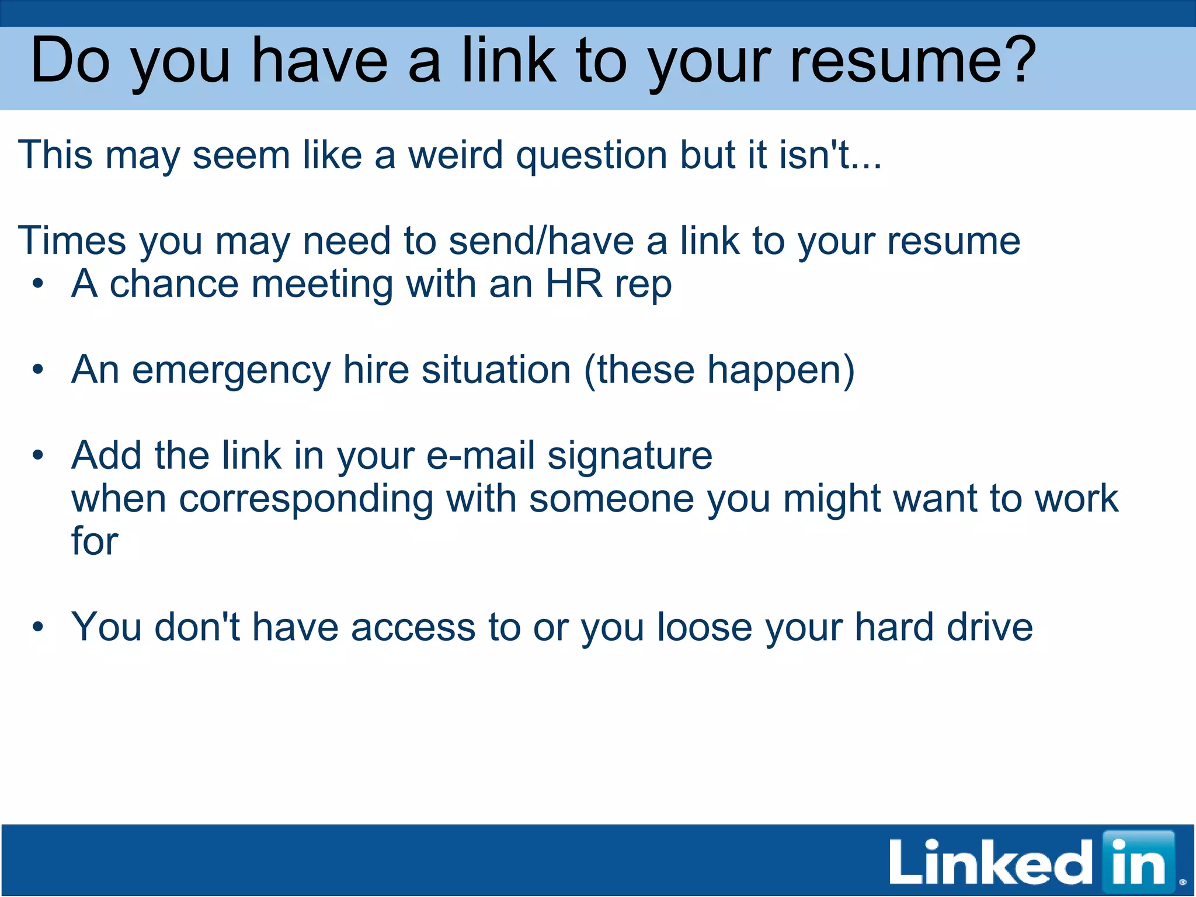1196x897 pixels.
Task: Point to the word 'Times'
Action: [72, 241]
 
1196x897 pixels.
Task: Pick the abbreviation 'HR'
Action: [573, 284]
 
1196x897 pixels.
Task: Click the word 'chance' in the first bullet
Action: [174, 284]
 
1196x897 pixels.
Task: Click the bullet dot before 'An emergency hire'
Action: [39, 370]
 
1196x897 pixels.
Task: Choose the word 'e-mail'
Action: [480, 456]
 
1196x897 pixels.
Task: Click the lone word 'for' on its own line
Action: [95, 541]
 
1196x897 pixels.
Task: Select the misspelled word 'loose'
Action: [705, 627]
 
